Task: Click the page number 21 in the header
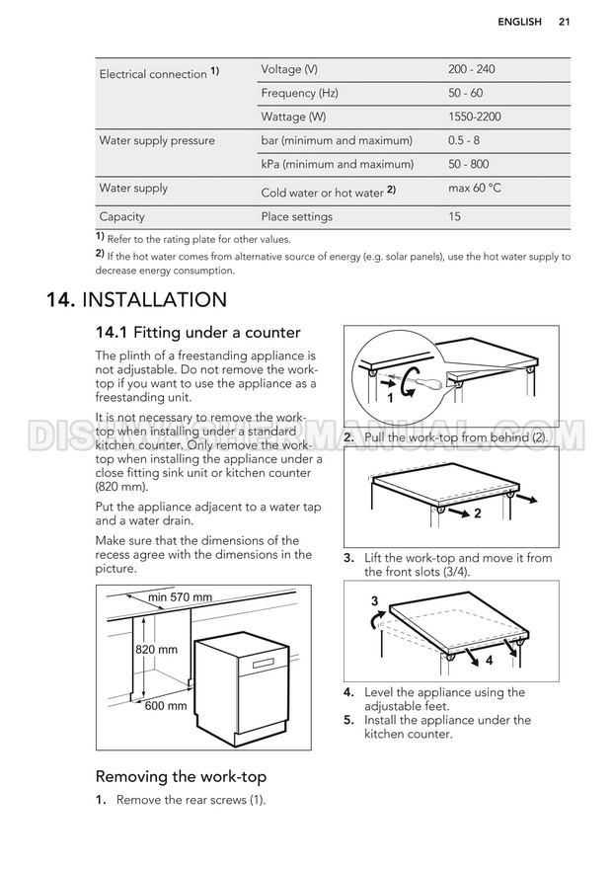tap(564, 22)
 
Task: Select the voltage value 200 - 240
tap(471, 69)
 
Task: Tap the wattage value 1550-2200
tap(475, 117)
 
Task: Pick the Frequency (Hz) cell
tap(300, 93)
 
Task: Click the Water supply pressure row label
tap(157, 141)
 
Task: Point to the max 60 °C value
tap(475, 188)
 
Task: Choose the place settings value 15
tap(454, 216)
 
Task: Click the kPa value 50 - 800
tap(469, 164)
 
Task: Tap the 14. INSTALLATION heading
tap(136, 300)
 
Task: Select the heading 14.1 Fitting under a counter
tap(197, 333)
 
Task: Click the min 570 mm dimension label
tap(180, 596)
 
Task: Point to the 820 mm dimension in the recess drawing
tap(156, 650)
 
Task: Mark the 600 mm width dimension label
tap(166, 706)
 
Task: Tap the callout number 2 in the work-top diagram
tap(478, 513)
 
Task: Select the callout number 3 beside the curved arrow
tap(374, 600)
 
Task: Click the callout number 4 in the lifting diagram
tap(489, 660)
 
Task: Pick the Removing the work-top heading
tap(181, 776)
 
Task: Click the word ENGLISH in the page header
tap(519, 22)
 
